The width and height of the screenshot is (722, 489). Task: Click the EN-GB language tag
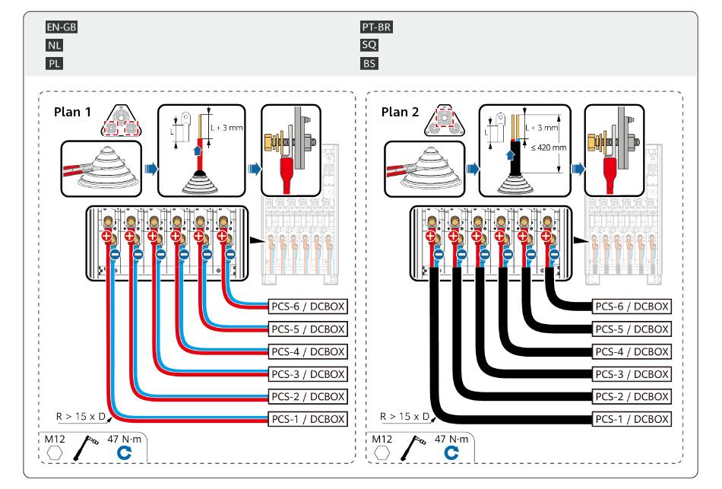coord(62,27)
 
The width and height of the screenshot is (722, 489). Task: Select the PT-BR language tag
coord(376,27)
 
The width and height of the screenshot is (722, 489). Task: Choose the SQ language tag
coord(369,45)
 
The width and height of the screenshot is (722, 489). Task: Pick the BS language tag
coord(369,63)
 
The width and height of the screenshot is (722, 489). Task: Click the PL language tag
coord(53,63)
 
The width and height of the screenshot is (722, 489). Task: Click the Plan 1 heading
coord(72,112)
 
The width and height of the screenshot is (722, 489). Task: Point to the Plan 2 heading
coord(400,112)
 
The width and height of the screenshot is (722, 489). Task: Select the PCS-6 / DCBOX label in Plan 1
coord(308,306)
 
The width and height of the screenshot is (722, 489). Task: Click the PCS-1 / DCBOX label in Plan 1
coord(308,418)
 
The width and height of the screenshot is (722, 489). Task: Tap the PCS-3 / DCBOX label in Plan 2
coord(632,373)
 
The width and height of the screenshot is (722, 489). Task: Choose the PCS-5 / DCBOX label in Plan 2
coord(632,329)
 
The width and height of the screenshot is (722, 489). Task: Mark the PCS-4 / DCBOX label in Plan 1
coord(308,351)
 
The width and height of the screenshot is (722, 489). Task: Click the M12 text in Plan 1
coord(55,439)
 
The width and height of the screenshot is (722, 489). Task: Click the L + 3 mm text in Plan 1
coord(228,127)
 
